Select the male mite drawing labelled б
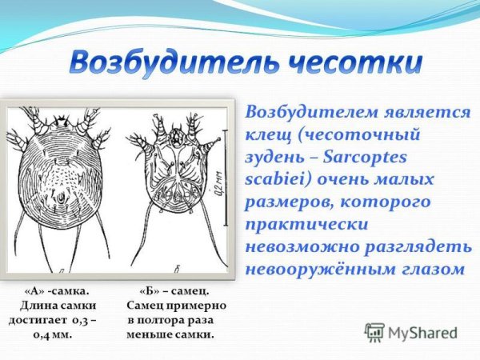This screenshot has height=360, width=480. (x=175, y=184)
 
